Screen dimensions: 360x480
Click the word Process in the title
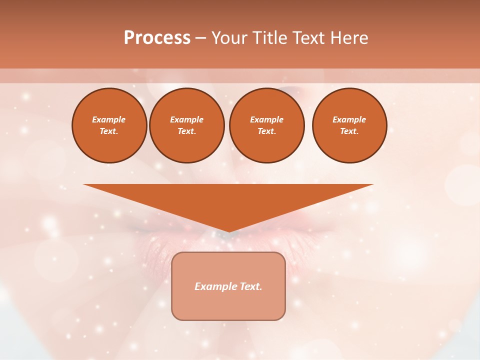[x=157, y=38]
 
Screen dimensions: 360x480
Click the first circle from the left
[x=109, y=125]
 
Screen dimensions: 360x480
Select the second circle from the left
[x=187, y=125]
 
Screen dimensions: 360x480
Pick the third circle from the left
[x=267, y=125]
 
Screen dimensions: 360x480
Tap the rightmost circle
[x=349, y=125]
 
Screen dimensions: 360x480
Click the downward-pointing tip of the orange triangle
[x=229, y=230]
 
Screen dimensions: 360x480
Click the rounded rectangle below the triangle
[x=228, y=305]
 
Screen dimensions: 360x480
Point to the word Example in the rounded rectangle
[x=214, y=286]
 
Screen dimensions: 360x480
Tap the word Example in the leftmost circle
[x=109, y=119]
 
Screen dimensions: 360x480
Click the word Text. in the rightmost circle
[x=349, y=131]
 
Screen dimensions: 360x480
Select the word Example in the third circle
[x=267, y=119]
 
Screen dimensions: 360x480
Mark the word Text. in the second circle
[x=187, y=131]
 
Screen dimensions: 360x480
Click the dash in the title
[x=200, y=38]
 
